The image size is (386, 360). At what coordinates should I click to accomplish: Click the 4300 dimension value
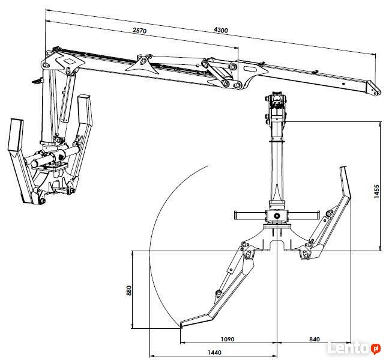point(220,30)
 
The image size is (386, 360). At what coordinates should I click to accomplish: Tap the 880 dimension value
point(128,290)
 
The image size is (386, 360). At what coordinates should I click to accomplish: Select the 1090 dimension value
point(227,338)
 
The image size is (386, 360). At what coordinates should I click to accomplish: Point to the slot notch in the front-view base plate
point(277,244)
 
